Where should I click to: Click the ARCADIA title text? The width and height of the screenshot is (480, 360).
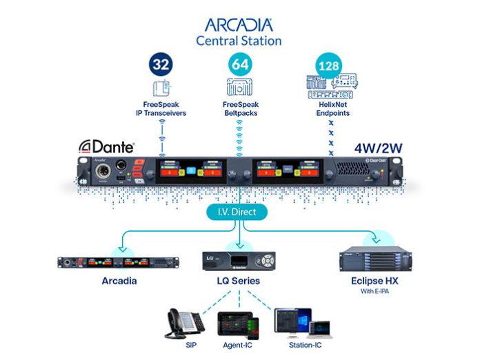point(239,25)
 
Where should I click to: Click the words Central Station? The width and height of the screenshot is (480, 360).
point(239,41)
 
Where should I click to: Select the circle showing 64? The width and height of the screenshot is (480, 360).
point(240,66)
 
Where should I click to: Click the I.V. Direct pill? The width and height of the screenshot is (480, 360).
point(239,212)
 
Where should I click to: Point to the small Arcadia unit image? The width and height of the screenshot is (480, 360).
point(118,263)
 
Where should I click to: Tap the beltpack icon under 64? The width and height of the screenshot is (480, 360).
point(239,88)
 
